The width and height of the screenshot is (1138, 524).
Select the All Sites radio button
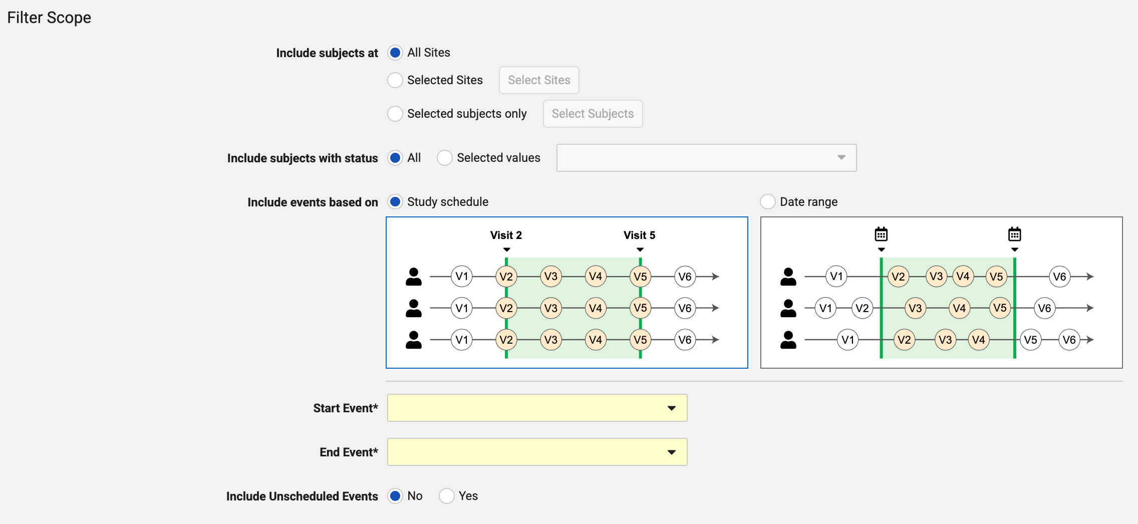(395, 53)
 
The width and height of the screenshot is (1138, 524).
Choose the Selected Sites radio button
(395, 80)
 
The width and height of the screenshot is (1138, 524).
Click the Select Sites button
(539, 80)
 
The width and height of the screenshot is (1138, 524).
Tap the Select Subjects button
(593, 114)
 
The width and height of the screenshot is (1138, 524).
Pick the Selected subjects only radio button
(395, 114)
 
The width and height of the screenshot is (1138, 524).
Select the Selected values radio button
(445, 158)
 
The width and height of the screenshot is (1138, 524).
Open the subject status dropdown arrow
(841, 158)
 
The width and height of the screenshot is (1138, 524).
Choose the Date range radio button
(768, 202)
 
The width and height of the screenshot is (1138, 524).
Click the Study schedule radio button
(395, 202)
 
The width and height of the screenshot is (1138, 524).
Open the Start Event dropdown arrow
(672, 408)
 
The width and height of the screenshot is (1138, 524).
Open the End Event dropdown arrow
(672, 452)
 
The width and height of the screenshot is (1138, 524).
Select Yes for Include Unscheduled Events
(447, 496)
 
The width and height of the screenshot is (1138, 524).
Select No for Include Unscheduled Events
(395, 496)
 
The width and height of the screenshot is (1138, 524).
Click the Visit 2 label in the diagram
(506, 235)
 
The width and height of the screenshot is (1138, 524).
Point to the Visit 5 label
(639, 235)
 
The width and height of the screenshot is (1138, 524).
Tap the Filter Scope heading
(49, 18)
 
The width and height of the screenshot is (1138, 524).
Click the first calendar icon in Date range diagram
(881, 234)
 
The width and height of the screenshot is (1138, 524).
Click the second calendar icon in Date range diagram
(1015, 234)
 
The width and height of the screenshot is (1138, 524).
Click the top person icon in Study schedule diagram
(414, 277)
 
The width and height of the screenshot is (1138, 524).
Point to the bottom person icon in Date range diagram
(788, 340)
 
